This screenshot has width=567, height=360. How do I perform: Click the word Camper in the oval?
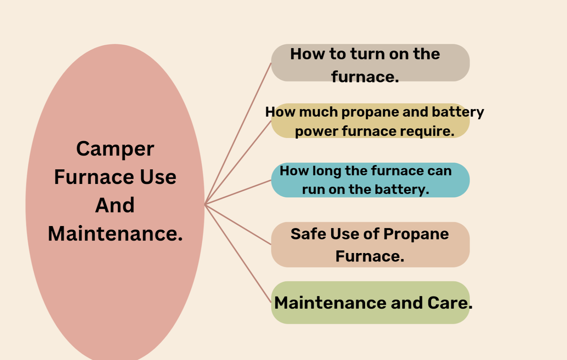(115, 149)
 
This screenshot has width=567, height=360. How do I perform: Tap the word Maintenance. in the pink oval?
(115, 234)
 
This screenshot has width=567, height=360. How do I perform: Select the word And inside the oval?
(115, 205)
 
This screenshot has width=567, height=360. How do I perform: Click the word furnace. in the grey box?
(365, 77)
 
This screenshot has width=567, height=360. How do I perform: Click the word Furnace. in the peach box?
(370, 256)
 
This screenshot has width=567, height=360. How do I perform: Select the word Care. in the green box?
(450, 303)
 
